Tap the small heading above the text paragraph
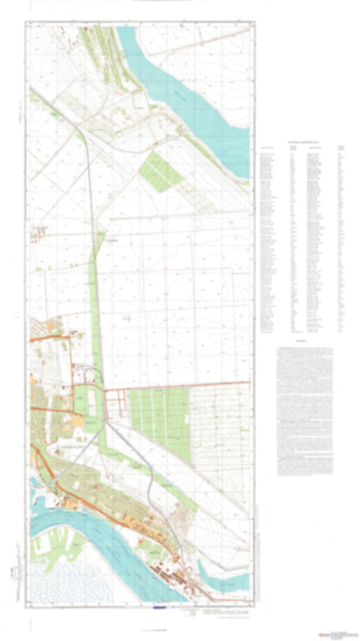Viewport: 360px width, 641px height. point(301,343)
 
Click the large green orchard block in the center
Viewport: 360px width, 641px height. point(159,415)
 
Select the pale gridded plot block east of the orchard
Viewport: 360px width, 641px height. point(220,426)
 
